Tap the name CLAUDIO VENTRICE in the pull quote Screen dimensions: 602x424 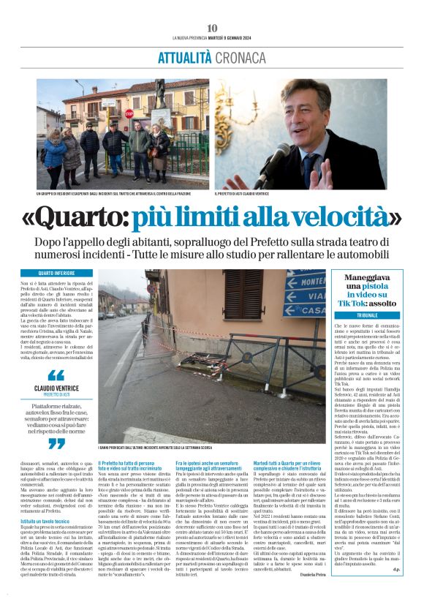click(56, 388)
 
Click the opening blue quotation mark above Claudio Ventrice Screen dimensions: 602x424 click(56, 374)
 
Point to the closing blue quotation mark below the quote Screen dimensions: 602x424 click(56, 443)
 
